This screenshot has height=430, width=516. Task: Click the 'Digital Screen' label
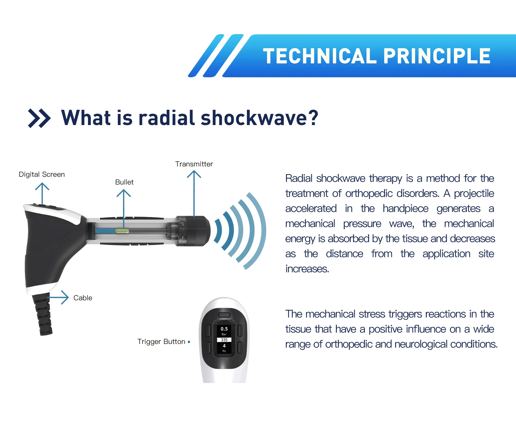coord(42,174)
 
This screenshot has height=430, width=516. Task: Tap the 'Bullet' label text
coord(124,182)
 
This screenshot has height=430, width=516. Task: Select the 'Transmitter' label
coord(194,164)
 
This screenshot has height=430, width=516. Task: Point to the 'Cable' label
coord(83,298)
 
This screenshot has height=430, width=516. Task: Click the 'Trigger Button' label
coord(161,342)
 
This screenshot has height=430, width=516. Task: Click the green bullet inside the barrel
coord(122,231)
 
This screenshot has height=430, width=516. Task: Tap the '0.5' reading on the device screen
coord(224,329)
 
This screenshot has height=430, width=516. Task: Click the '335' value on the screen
coord(224,340)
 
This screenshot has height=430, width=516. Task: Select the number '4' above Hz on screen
coord(224,346)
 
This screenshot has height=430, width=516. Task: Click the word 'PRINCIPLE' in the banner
coord(437,56)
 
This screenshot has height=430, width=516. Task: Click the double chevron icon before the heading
coord(39,118)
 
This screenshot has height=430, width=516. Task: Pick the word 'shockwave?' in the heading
coord(259,118)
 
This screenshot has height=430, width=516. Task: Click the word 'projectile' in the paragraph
coord(474,194)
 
